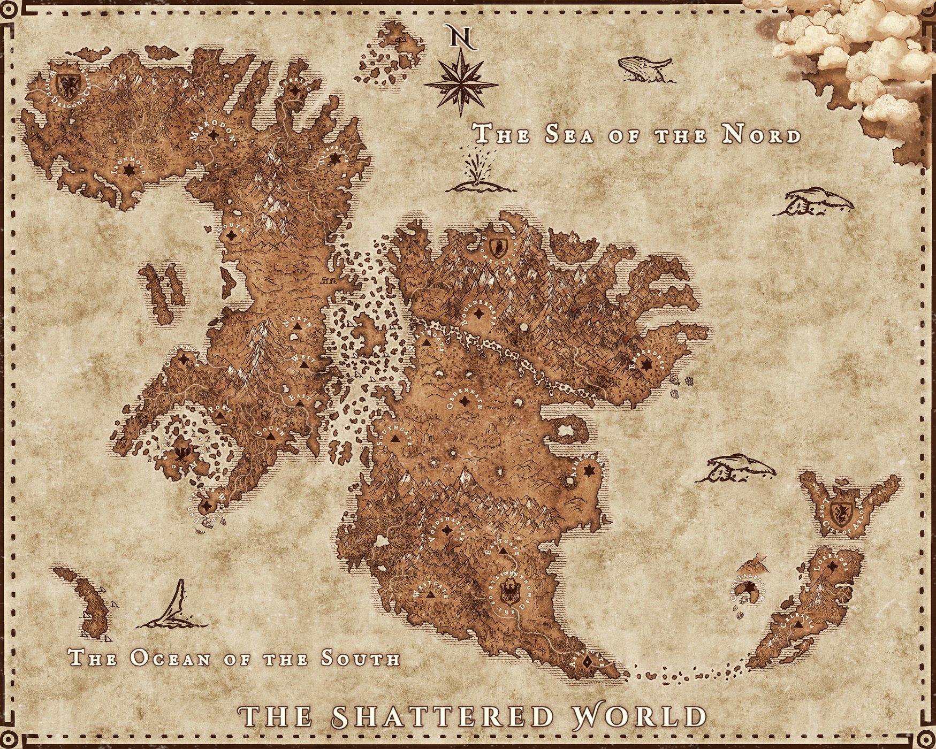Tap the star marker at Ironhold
pos(128,170)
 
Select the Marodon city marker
pos(213,135)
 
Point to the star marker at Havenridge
pos(335,159)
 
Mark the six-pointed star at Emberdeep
pos(646,364)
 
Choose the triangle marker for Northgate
pos(427,342)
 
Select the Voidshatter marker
pos(447,530)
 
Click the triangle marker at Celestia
pos(798,624)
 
